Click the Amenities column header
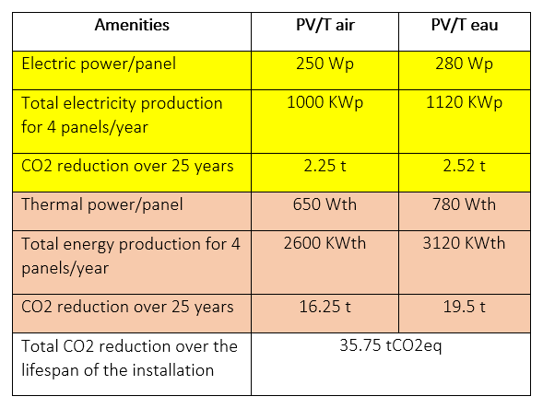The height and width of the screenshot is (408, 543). pyautogui.click(x=132, y=25)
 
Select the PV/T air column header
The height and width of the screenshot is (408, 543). pyautogui.click(x=325, y=25)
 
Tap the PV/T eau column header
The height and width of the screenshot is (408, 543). pyautogui.click(x=465, y=25)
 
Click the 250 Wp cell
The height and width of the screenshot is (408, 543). pyautogui.click(x=325, y=64)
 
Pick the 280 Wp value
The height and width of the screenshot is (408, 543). pyautogui.click(x=464, y=64)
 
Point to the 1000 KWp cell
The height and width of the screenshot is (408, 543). pyautogui.click(x=325, y=103)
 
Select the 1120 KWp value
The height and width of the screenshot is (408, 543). pyautogui.click(x=464, y=103)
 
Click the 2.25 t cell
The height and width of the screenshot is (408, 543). pyautogui.click(x=325, y=166)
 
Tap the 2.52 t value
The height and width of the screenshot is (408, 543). pyautogui.click(x=464, y=166)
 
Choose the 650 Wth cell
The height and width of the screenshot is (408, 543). pyautogui.click(x=325, y=204)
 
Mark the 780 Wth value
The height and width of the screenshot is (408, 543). pyautogui.click(x=464, y=204)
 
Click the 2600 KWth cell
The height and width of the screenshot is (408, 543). pyautogui.click(x=325, y=243)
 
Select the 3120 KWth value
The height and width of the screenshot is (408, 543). pyautogui.click(x=464, y=243)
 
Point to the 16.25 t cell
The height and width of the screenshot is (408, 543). pyautogui.click(x=325, y=307)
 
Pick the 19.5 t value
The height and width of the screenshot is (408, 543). pyautogui.click(x=464, y=307)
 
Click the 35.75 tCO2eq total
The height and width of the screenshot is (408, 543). pyautogui.click(x=391, y=345)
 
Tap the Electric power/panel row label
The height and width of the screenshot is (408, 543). pyautogui.click(x=99, y=64)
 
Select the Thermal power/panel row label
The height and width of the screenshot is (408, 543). pyautogui.click(x=102, y=204)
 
